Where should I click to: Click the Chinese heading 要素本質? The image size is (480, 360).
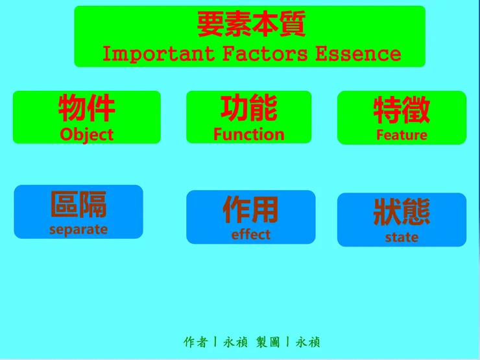point(251,25)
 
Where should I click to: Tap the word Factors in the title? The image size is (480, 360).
point(265,54)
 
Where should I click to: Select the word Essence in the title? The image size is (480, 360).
point(358,54)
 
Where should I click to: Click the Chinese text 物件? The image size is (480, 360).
point(87,108)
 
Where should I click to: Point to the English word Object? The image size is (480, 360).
point(86,135)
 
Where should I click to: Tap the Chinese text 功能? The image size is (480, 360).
point(248,108)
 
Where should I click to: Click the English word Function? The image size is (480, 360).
point(248,134)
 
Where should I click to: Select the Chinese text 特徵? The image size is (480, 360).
point(402,110)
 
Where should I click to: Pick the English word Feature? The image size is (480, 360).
point(402,135)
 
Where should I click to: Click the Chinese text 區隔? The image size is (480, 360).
point(78,205)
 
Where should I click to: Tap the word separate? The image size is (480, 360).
point(78,230)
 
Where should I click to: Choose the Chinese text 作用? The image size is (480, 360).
point(250,210)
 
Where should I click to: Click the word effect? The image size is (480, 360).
point(250,235)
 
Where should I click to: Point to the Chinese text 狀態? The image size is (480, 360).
point(402,212)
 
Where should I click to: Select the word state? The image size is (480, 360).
point(402,237)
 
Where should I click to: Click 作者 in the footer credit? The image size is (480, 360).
point(196,342)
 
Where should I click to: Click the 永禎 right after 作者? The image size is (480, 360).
point(235,342)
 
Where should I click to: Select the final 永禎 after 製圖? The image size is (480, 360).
point(308,342)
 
